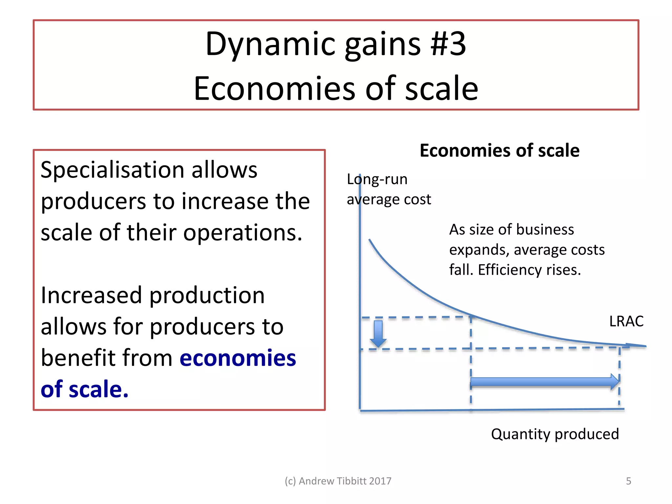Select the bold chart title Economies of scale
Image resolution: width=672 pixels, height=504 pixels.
tap(499, 151)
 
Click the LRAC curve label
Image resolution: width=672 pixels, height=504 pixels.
tap(626, 321)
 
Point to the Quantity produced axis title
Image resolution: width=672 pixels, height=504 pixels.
tap(555, 434)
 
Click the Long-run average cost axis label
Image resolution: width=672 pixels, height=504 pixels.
tap(388, 189)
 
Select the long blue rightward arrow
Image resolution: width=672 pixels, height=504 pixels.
tap(545, 382)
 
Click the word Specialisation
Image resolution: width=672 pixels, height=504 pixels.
tap(112, 171)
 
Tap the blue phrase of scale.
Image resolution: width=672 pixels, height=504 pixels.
tap(84, 389)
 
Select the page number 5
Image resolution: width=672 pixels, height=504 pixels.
tap(628, 481)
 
